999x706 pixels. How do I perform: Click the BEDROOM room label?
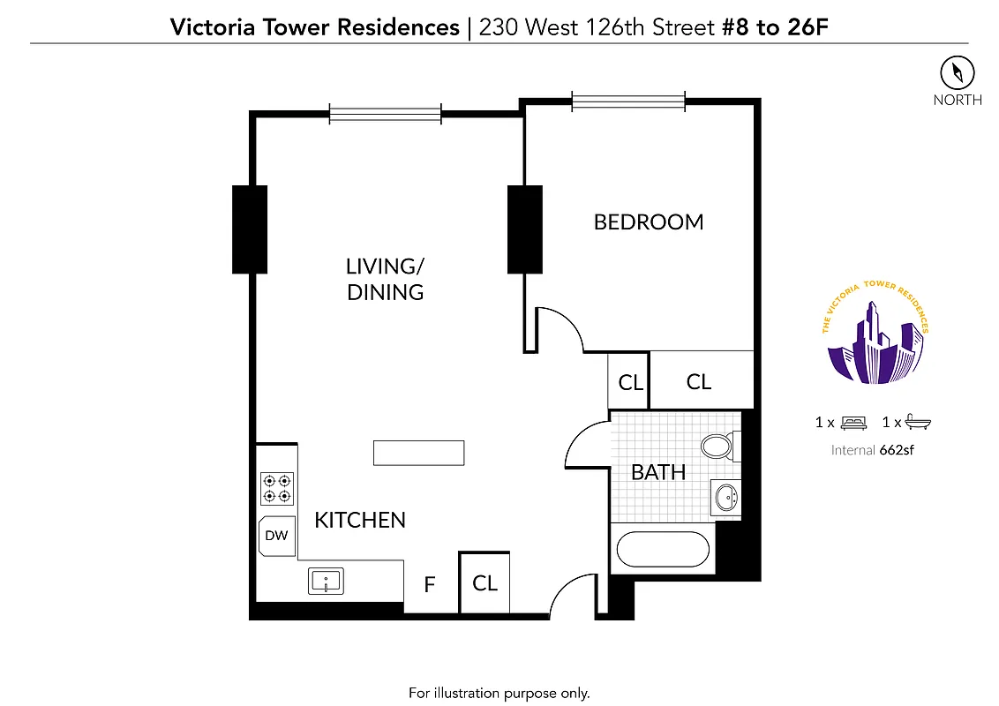649,222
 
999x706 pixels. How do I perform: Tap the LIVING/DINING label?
385,279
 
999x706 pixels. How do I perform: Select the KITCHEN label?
360,520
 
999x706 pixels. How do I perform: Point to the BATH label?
658,472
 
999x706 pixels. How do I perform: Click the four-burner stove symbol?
277,489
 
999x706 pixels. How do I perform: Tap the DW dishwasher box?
276,536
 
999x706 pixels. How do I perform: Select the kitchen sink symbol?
326,581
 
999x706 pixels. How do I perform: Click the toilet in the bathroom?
717,447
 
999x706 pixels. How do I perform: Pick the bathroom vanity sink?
726,498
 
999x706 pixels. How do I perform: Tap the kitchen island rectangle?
418,452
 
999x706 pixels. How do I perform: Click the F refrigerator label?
430,584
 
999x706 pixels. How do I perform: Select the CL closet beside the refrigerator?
484,582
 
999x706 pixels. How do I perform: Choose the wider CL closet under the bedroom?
699,381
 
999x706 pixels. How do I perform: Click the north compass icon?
957,71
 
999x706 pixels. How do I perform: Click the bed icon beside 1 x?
853,423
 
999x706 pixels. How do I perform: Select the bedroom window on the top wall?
627,101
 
